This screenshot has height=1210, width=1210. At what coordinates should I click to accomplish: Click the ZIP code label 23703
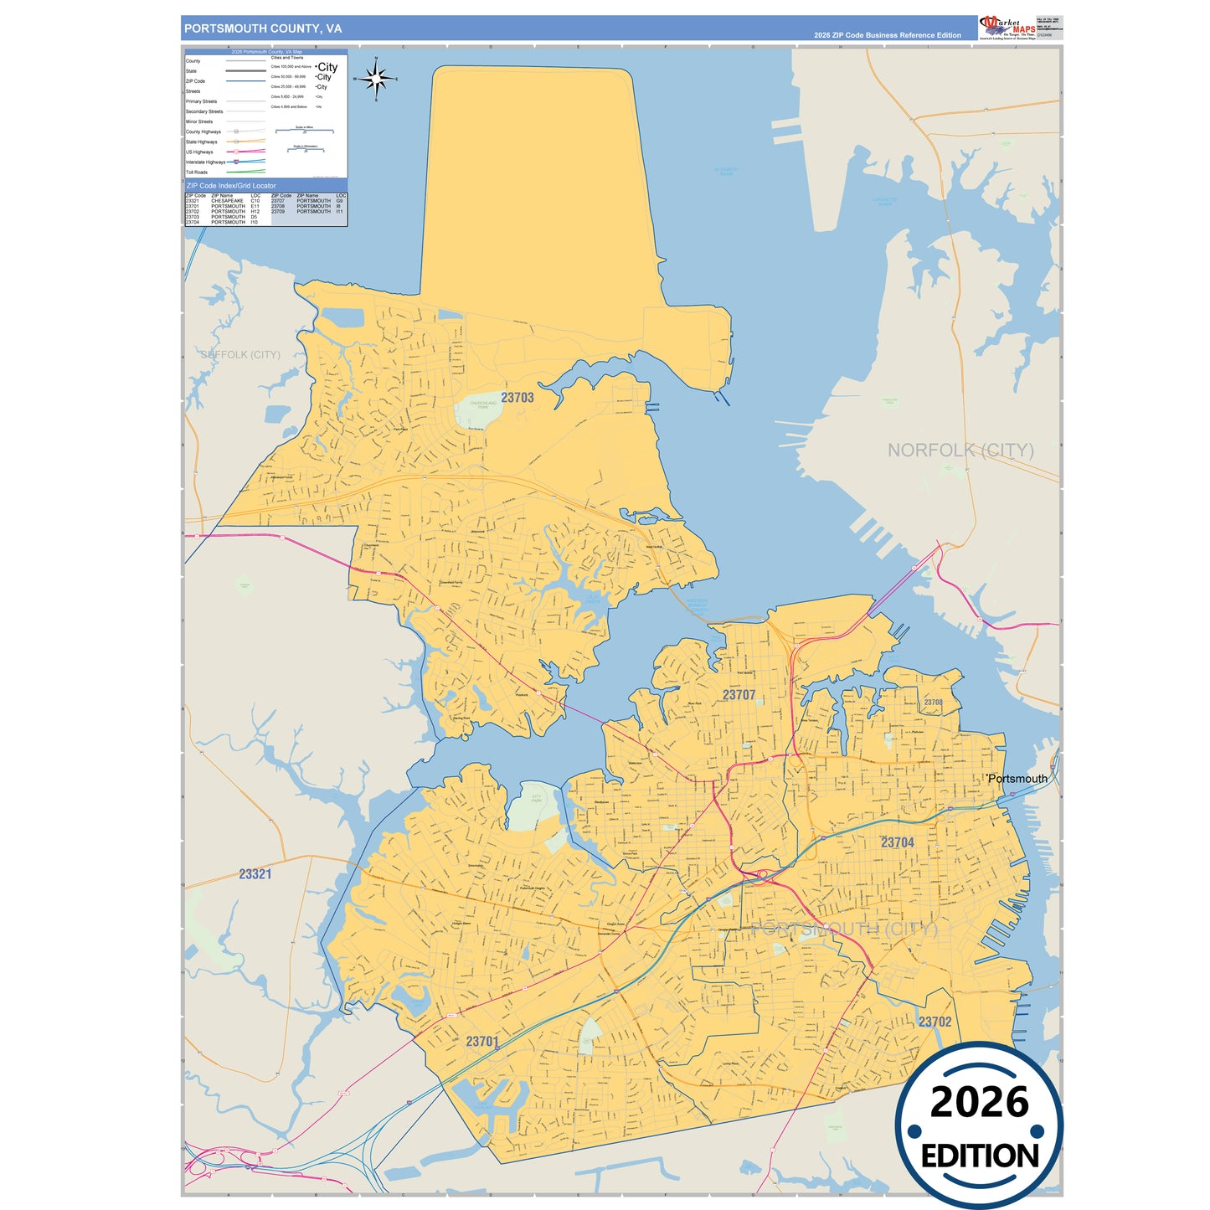click(517, 398)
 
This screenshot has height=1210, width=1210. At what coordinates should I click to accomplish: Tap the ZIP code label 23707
click(739, 695)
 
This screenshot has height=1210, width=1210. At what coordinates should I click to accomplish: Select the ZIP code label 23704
click(897, 842)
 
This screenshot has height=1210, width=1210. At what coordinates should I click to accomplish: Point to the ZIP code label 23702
click(935, 1022)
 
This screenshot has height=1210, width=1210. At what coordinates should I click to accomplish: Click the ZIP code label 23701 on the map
click(482, 1042)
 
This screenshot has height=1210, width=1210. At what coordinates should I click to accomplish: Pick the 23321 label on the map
click(255, 874)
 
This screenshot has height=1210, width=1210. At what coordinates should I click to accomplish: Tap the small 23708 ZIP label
click(933, 703)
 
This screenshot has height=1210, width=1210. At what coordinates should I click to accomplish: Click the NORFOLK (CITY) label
click(960, 451)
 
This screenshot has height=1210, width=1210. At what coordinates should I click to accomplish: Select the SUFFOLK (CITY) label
click(241, 355)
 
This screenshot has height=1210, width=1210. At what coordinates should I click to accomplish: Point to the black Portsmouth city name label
click(1017, 779)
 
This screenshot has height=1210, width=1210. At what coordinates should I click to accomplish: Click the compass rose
click(376, 80)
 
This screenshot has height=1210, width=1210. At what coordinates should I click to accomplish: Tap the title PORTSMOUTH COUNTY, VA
click(263, 28)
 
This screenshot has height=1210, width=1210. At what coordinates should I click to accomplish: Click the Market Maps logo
click(1007, 28)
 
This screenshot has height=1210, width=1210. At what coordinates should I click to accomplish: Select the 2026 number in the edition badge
click(979, 1102)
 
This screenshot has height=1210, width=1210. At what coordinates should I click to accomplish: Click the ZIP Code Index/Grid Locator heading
click(231, 186)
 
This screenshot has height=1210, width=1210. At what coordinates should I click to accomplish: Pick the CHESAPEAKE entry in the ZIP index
click(227, 201)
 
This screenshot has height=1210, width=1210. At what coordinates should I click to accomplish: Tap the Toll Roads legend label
click(197, 172)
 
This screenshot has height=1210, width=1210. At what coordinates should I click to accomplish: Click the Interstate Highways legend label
click(205, 162)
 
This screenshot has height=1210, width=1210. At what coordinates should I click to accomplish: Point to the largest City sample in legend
click(327, 67)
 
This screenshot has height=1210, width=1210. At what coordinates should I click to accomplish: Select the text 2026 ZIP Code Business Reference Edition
click(887, 35)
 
